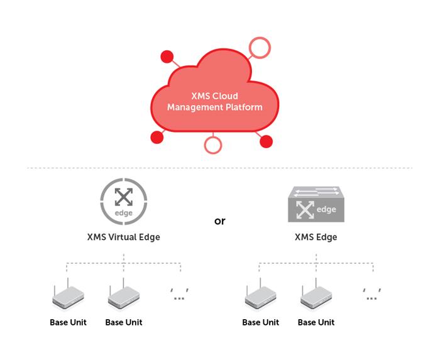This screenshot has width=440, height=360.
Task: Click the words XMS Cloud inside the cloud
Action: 214,97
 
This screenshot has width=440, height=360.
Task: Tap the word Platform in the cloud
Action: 244,107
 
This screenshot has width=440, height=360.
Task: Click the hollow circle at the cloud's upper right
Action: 259,46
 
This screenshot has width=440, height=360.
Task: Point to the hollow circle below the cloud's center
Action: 214,145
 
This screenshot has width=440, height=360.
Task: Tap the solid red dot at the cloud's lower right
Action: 266,141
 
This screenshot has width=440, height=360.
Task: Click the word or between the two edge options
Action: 219,221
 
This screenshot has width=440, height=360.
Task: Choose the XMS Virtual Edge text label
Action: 123,237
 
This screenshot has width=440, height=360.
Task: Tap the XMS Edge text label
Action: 316,237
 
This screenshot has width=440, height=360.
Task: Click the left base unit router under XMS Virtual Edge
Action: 68,297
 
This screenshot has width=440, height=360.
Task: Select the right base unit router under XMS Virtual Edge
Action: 123,297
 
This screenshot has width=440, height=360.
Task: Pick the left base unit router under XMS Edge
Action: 260,297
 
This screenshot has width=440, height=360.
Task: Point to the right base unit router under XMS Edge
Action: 316,297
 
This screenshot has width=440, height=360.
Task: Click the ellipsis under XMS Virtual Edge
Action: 180,294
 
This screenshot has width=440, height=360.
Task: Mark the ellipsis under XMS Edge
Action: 372,294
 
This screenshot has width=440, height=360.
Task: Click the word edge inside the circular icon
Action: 124,213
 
